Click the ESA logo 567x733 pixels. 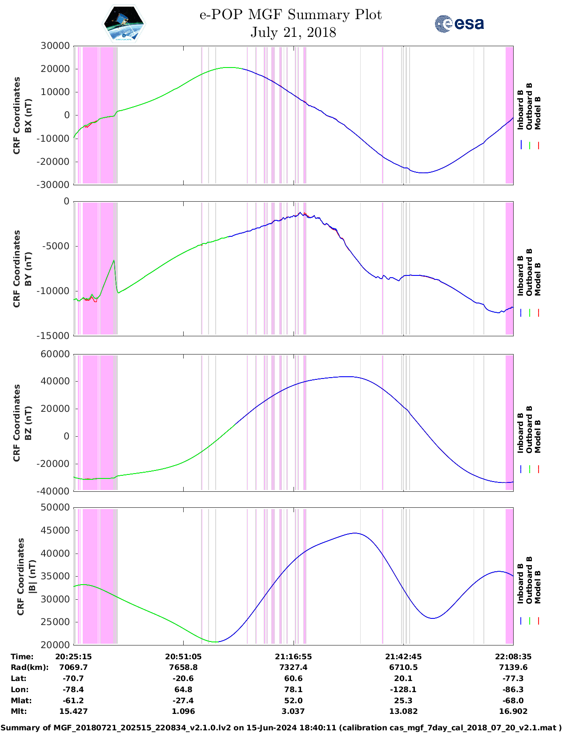coord(459,24)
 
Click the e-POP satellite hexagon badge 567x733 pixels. coord(124,24)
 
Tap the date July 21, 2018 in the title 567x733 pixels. coord(293,32)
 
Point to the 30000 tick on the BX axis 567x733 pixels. coord(55,46)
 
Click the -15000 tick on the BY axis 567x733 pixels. coord(55,336)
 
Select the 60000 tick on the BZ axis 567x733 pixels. coord(55,354)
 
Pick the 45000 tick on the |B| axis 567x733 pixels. coord(55,530)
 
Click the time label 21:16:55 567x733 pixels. coord(293,657)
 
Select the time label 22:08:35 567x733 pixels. coord(513,657)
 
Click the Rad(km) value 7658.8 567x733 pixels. coord(183,667)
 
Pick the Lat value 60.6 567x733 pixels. coord(293,678)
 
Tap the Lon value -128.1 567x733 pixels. coord(403,689)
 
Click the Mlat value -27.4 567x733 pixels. coord(183,701)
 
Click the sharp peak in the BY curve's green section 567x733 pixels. coord(114,261)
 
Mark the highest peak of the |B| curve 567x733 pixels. coord(354,533)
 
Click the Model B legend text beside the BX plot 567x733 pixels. coord(538,113)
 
